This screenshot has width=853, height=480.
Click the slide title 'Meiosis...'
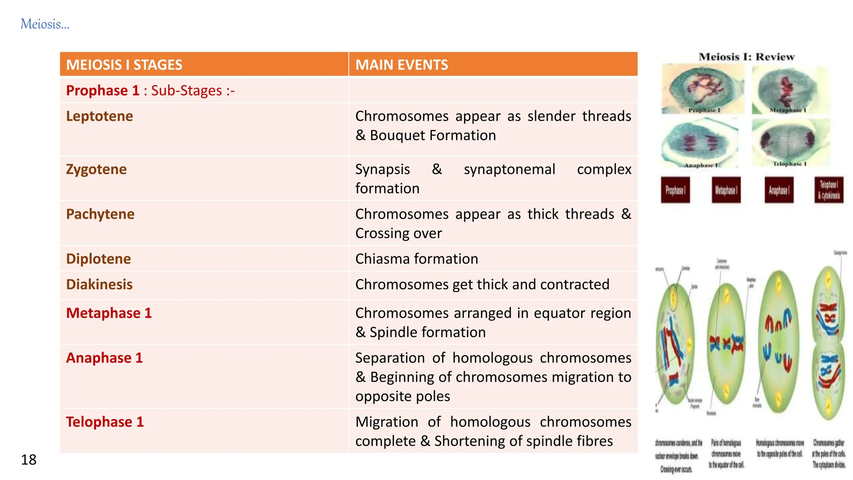(45, 24)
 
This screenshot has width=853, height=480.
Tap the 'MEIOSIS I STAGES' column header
(124, 65)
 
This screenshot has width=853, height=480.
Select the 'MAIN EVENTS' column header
(402, 65)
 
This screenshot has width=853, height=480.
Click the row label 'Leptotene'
(100, 116)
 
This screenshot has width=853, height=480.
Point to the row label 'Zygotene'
(96, 170)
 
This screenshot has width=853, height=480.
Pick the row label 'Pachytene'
(100, 214)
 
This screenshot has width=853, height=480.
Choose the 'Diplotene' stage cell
(98, 259)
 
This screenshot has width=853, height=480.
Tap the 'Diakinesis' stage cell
(99, 285)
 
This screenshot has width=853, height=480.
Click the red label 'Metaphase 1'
(109, 313)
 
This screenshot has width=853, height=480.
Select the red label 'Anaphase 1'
(104, 358)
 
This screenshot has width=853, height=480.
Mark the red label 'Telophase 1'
(105, 422)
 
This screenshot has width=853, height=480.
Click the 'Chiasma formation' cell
(417, 259)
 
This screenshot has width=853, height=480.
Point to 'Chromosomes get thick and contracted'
(482, 285)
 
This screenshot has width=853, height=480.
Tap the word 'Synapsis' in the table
(382, 170)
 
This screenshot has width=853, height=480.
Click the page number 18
(29, 460)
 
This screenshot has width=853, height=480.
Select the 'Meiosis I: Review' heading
(746, 57)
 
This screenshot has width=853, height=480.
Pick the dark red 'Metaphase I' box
(726, 190)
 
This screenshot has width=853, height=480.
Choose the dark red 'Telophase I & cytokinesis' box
(829, 190)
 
